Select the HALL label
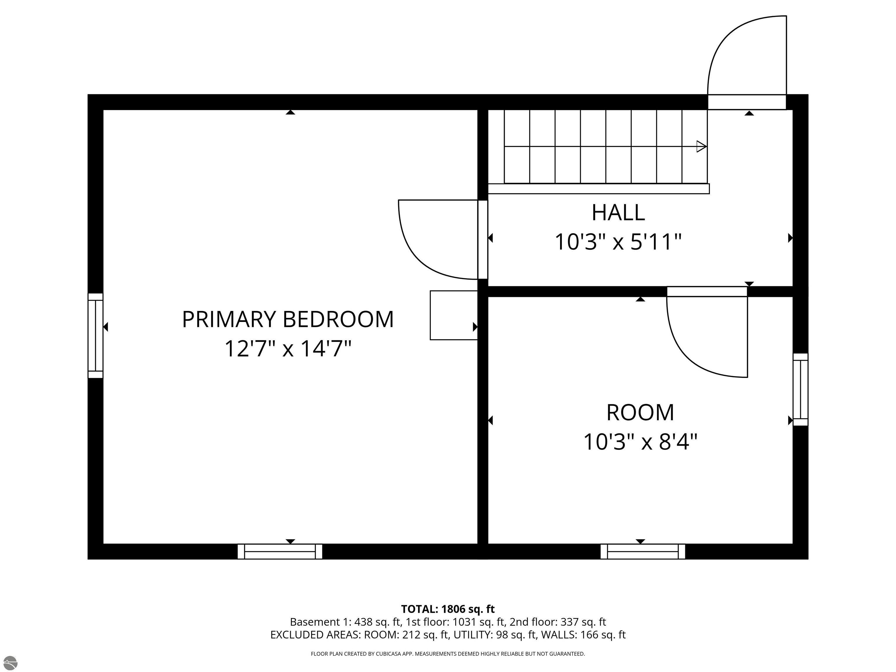click(x=618, y=213)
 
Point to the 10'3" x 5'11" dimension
click(x=618, y=242)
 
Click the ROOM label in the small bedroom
click(x=640, y=412)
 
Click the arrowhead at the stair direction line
click(x=701, y=146)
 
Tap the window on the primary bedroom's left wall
click(x=96, y=336)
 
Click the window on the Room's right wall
click(x=800, y=389)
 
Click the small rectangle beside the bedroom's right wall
click(x=454, y=315)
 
